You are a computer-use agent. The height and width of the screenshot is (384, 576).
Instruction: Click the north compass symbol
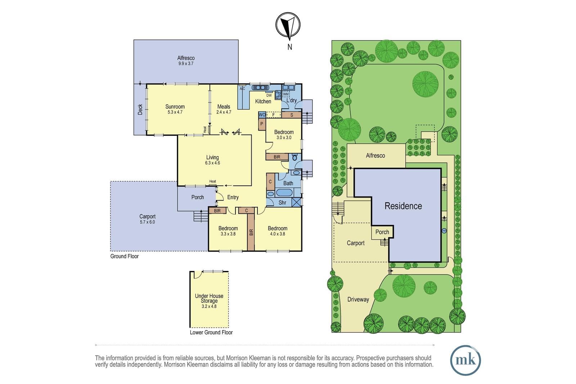point(288,26)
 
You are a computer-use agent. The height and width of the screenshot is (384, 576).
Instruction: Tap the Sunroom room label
point(175,107)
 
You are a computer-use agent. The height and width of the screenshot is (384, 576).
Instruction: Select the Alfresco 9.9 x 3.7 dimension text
point(186,63)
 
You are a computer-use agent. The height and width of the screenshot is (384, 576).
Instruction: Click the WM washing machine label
point(286,94)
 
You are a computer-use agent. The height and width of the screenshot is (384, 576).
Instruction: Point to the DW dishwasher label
point(269,95)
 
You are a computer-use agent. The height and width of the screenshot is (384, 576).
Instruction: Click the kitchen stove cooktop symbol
point(278,95)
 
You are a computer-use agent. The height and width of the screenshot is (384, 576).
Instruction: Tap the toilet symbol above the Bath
point(295,157)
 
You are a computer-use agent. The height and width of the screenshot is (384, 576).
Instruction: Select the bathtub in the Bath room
point(284,193)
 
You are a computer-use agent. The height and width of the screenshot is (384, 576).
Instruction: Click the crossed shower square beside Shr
point(297,202)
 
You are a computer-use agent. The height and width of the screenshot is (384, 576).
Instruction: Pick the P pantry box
point(262,124)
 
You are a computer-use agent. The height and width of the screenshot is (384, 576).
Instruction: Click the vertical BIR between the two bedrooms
point(251,232)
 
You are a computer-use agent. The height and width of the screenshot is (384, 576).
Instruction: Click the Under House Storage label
point(209,298)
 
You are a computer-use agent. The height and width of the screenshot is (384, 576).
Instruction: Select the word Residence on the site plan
point(403,206)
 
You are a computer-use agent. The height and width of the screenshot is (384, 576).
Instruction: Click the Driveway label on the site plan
point(358,299)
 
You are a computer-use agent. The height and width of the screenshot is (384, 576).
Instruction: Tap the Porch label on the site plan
point(382,232)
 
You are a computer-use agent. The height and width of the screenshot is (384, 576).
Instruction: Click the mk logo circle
point(465,360)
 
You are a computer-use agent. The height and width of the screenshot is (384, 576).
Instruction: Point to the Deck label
point(140,109)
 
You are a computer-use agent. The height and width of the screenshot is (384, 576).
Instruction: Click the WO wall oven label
point(262,115)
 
